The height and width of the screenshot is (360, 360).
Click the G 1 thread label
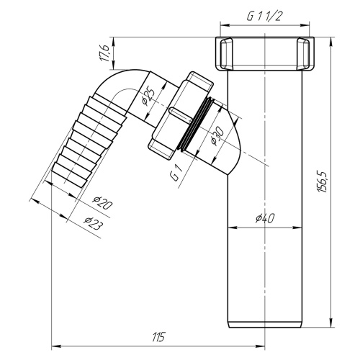(175, 174)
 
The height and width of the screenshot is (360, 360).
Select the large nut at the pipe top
(266, 52)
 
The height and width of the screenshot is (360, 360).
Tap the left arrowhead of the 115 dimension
(53, 343)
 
